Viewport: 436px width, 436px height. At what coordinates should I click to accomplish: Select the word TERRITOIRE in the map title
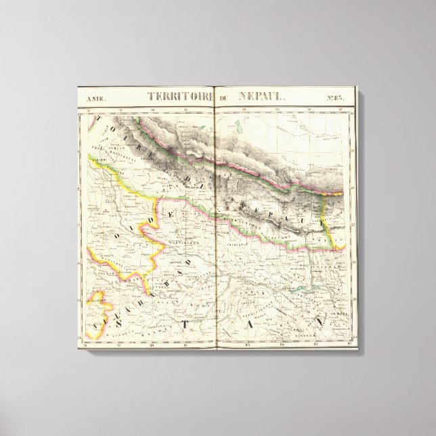(x=170, y=96)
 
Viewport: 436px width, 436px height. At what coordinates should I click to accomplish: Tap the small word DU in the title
(x=224, y=97)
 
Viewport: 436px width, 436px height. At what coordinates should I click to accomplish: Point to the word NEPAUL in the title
(x=261, y=96)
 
